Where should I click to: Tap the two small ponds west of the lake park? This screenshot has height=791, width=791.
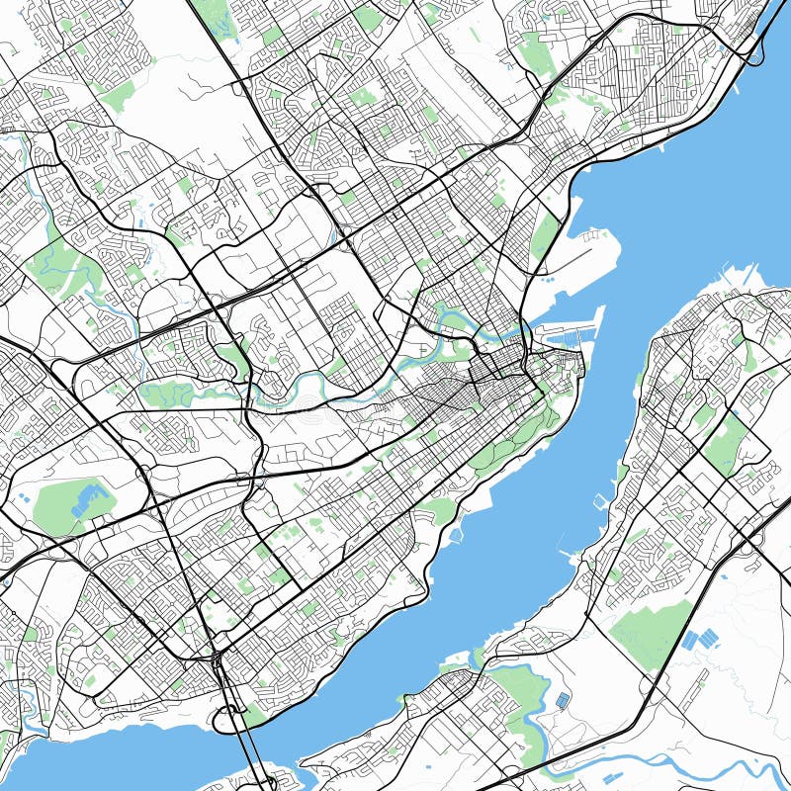coord(22,497)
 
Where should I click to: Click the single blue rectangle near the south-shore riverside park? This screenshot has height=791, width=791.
coord(562,701)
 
